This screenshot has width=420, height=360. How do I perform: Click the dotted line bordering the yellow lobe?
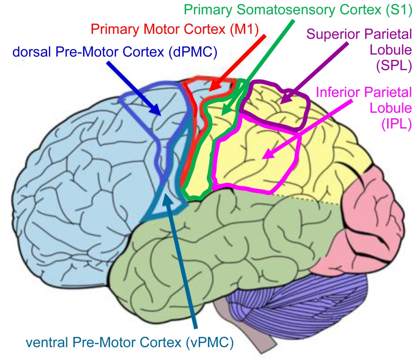pyautogui.click(x=309, y=200)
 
